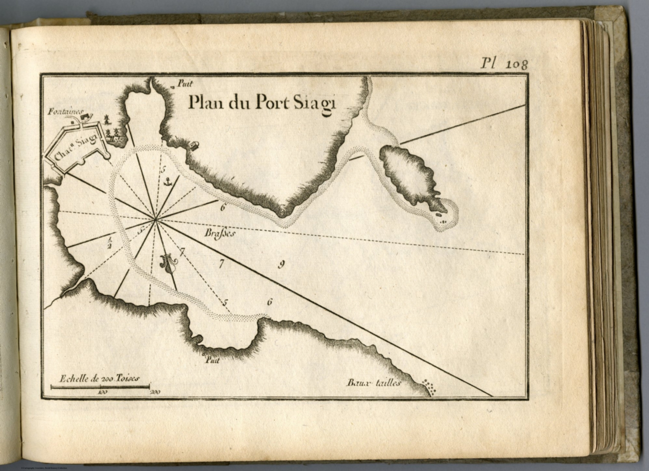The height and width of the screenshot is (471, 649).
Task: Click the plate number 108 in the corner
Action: [x=516, y=64]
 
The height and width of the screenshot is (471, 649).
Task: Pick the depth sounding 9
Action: [x=281, y=265]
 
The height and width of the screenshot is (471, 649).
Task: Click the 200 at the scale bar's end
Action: [x=154, y=392]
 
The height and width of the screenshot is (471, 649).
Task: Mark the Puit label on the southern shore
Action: [x=211, y=360]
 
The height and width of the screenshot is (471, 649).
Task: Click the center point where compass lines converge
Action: [x=156, y=219]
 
